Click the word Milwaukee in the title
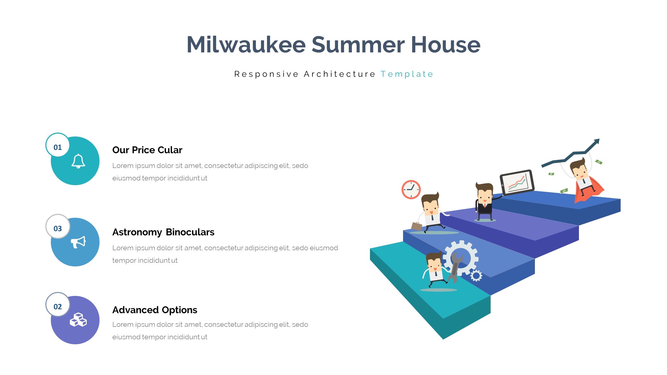coord(246,45)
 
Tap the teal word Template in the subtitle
coord(407,74)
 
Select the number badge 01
coord(58,147)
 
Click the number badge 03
coord(58,228)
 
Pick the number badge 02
coord(58,307)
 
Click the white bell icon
coord(78,161)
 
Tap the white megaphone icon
coord(78,242)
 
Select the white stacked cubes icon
coord(78,320)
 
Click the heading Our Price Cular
coord(147,150)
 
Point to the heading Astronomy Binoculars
coord(163,232)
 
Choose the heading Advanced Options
coord(155,310)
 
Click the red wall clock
coord(411,190)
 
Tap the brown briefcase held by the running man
coord(416,226)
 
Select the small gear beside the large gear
coord(476,276)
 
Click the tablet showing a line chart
coord(517,182)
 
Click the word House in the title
coord(446,45)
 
